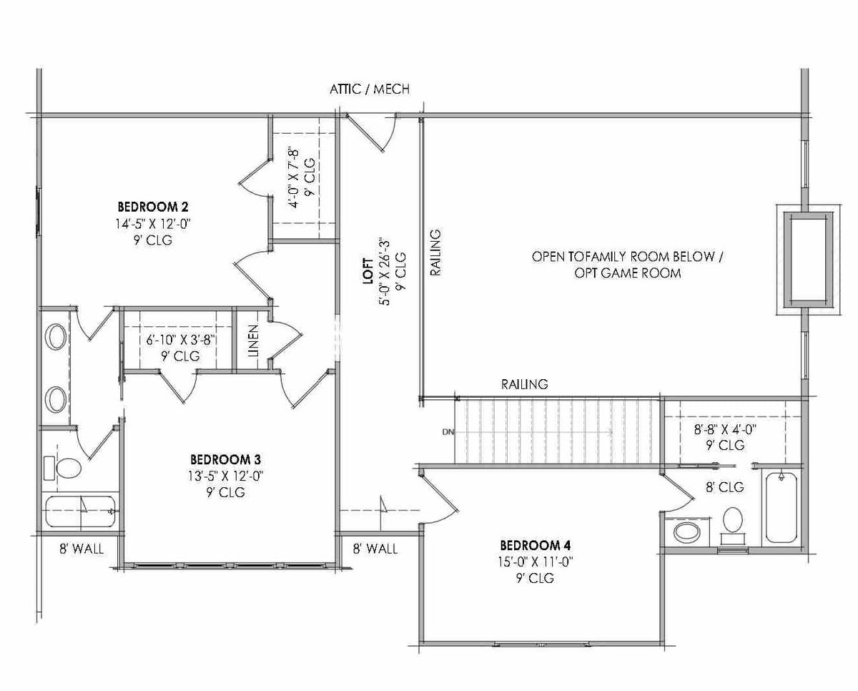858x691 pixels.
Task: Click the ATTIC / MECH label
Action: pyautogui.click(x=369, y=89)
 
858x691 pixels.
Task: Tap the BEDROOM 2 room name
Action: pyautogui.click(x=153, y=207)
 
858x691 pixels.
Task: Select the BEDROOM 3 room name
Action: pyautogui.click(x=225, y=459)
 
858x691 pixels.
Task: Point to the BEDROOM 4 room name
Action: pyautogui.click(x=536, y=544)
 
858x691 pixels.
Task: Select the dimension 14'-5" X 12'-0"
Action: pyautogui.click(x=153, y=224)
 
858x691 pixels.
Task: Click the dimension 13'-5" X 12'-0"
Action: pyautogui.click(x=225, y=476)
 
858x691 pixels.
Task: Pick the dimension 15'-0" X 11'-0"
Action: pyautogui.click(x=536, y=562)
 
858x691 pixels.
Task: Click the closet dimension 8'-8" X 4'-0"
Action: pyautogui.click(x=725, y=430)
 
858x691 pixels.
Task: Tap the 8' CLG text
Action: pyautogui.click(x=725, y=487)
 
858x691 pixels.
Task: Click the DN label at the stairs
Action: pyautogui.click(x=448, y=432)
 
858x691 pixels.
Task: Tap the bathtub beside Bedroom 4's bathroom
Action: pyautogui.click(x=781, y=507)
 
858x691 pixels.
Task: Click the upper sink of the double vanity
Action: pyautogui.click(x=56, y=336)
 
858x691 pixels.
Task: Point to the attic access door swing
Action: pyautogui.click(x=372, y=134)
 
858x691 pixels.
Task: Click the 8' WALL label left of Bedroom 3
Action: pyautogui.click(x=81, y=549)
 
